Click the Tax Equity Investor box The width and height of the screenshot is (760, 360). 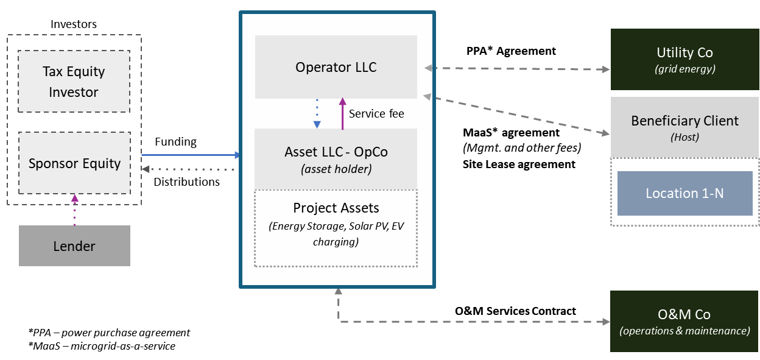click(74, 82)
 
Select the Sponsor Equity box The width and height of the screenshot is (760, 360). click(74, 163)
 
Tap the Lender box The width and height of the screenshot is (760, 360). click(74, 246)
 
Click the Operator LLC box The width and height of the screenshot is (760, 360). click(336, 67)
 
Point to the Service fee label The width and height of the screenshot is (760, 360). click(376, 113)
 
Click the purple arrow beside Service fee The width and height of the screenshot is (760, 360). click(342, 114)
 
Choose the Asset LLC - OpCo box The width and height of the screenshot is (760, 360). click(336, 152)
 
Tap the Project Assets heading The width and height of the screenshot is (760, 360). click(336, 208)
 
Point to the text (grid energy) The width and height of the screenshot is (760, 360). click(684, 69)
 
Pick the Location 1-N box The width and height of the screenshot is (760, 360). click(684, 193)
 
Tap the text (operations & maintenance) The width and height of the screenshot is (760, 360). click(684, 331)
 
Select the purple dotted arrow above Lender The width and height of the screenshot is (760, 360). click(75, 210)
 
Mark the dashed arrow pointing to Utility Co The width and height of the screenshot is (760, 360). click(518, 69)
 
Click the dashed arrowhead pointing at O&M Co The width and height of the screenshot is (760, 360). click(606, 322)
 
